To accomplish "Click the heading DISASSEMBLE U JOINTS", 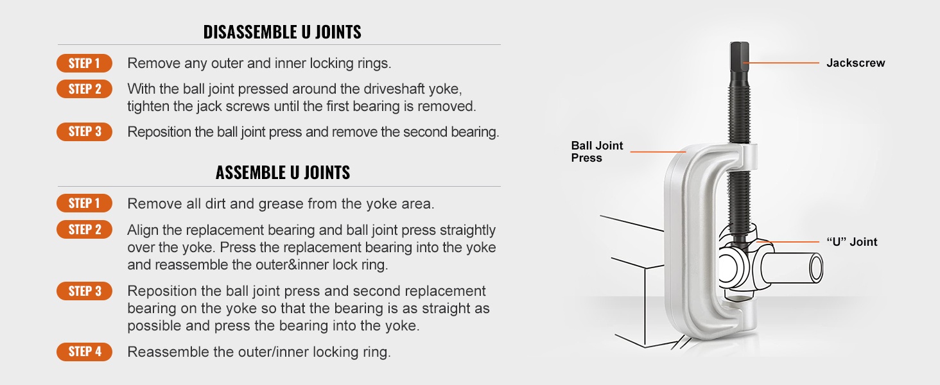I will pos(282,32).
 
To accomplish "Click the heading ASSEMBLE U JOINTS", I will pos(283,173).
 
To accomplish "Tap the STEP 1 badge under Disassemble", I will pos(84,63).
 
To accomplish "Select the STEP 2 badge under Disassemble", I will pos(84,89).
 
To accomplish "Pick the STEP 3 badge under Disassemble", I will pos(84,132).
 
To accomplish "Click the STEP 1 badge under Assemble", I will pos(84,203).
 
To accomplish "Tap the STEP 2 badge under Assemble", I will pos(84,230).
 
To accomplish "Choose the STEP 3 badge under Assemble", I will pos(84,291).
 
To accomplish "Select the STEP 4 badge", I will pos(84,352).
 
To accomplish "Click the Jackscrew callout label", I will pos(855,63).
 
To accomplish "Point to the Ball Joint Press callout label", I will pos(596,151).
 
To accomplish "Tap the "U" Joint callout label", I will pos(851,242).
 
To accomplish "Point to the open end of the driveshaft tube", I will pos(815,267).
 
